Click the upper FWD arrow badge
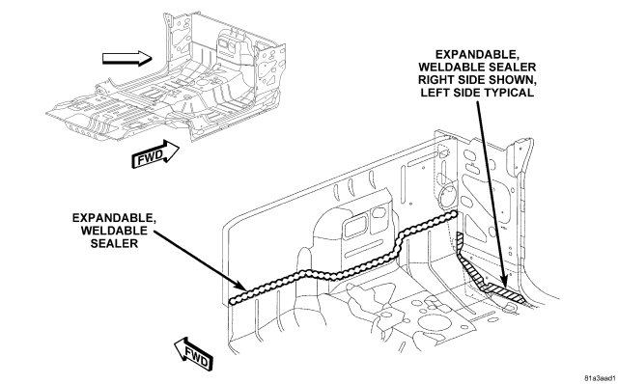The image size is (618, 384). coord(154,154)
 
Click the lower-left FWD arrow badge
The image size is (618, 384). coord(194,353)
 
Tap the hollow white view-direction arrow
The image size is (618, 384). coord(127,59)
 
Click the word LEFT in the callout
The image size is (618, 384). coord(434,93)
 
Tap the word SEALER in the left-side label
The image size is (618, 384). coord(114,243)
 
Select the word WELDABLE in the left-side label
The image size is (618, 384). coord(114,231)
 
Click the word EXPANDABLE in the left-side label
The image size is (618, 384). coord(114,218)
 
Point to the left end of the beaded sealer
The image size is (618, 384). coord(232,301)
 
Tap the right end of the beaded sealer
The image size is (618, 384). coord(454,214)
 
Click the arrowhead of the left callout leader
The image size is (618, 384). coord(242,287)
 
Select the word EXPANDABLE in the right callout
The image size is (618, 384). coord(477,54)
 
